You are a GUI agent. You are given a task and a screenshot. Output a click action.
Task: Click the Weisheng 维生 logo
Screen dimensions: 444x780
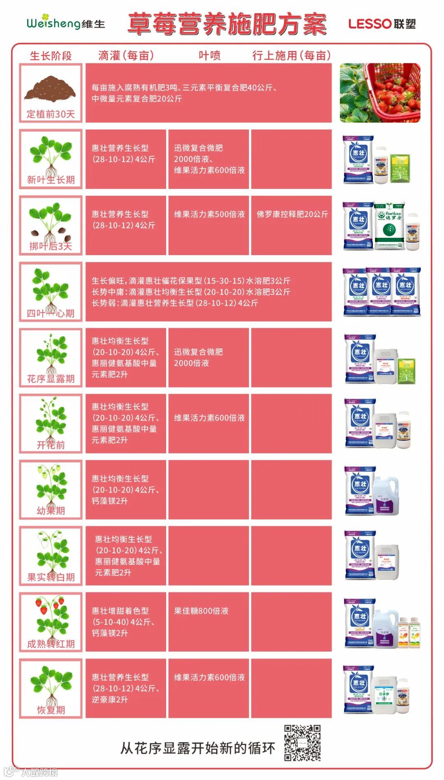[66, 23]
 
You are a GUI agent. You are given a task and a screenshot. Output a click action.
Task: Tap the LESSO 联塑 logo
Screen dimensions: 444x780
[382, 24]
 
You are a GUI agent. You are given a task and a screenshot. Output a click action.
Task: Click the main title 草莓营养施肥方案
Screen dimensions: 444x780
[227, 24]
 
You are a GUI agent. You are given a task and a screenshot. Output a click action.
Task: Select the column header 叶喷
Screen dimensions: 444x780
[209, 56]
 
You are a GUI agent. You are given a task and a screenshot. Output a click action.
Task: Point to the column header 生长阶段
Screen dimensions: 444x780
[51, 56]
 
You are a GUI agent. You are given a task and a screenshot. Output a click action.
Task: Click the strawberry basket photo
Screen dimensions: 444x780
[380, 93]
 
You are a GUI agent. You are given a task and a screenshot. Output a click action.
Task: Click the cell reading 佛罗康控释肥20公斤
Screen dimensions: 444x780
[292, 214]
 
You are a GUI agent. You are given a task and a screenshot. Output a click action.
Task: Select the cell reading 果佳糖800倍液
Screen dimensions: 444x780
[201, 611]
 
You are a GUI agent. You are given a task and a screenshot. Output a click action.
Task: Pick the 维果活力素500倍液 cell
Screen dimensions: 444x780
[209, 214]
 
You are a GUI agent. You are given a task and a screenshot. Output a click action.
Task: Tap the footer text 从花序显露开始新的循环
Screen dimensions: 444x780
[197, 748]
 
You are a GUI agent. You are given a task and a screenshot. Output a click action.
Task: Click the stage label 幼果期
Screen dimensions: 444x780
[51, 511]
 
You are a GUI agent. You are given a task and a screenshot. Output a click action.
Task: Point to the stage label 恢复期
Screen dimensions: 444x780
[51, 710]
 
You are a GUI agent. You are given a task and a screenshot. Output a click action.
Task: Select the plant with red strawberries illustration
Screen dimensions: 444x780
[51, 617]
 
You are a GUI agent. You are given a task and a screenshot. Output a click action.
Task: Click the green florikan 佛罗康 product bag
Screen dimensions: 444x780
[389, 225]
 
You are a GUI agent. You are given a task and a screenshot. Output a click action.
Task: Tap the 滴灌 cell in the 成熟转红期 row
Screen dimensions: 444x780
[126, 622]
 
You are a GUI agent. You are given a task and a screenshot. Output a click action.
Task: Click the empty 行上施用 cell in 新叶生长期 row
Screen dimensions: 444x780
[291, 159]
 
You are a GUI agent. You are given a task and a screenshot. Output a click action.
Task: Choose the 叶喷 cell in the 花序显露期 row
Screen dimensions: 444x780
[209, 357]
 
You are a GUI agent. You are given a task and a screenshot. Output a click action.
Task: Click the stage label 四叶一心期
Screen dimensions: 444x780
[51, 313]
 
